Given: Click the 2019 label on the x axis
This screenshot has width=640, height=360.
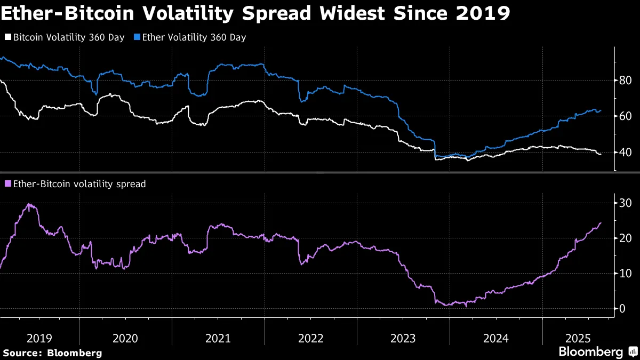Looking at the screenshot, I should pyautogui.click(x=39, y=338).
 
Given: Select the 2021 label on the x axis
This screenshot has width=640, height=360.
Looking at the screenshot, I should pyautogui.click(x=218, y=338).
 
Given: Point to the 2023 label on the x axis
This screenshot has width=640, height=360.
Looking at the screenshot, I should pyautogui.click(x=403, y=338).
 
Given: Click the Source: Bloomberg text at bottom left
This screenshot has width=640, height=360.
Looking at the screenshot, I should pyautogui.click(x=52, y=353).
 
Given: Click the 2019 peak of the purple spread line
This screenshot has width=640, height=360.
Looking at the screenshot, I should pyautogui.click(x=29, y=204).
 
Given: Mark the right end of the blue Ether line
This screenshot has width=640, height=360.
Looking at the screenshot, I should pyautogui.click(x=601, y=110).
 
